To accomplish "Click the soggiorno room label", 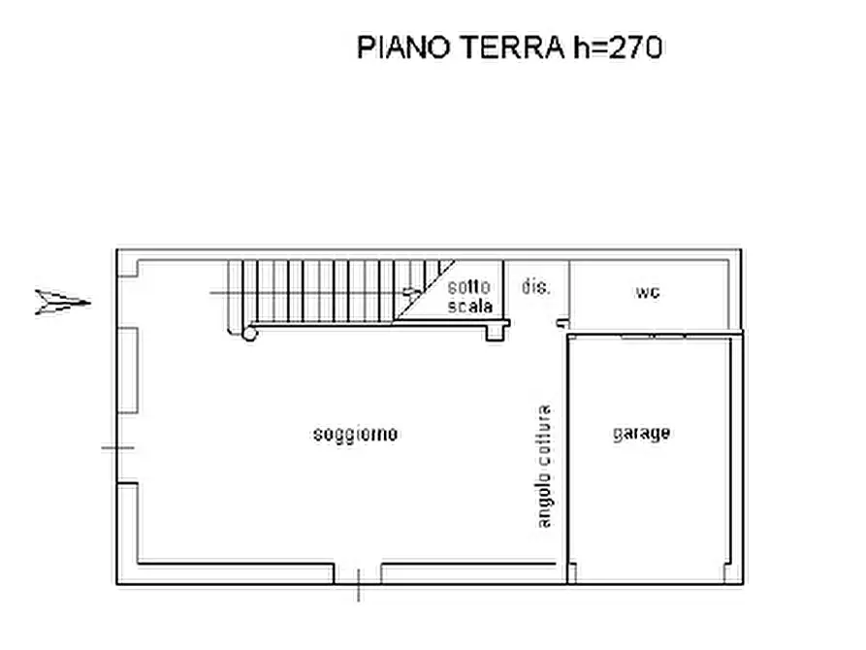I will (x=355, y=434).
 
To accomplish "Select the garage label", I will (x=641, y=433).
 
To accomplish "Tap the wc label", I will (x=648, y=291).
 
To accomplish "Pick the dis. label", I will (x=535, y=287).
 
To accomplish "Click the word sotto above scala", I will (x=469, y=287).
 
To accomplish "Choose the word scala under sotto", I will (x=469, y=306).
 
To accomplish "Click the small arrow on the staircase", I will (x=412, y=291).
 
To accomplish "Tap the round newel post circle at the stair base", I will (x=249, y=334).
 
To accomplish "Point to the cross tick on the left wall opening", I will (x=117, y=447).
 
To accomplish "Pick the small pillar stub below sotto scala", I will (x=496, y=332).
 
